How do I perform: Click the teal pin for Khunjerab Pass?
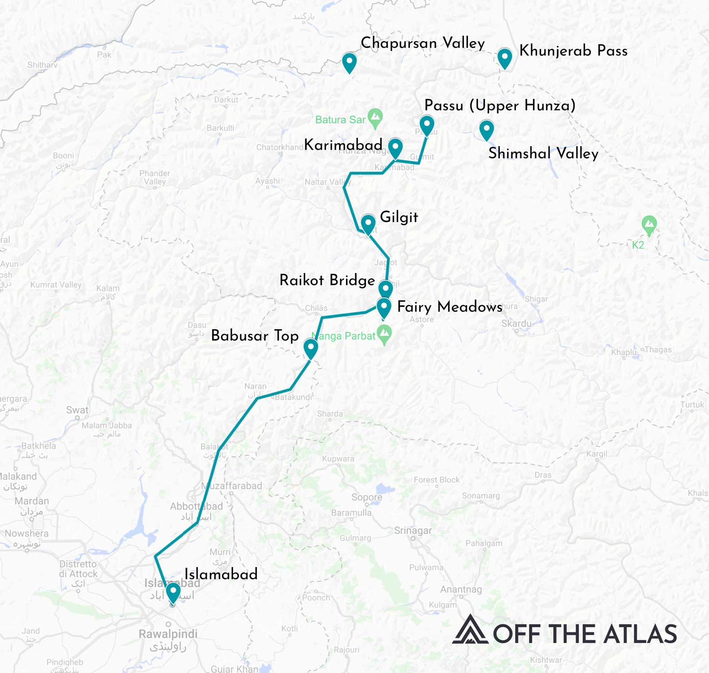coord(505,58)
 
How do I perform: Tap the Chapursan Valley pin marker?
coord(349,62)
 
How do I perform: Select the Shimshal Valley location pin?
coord(487,129)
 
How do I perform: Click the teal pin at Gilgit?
coord(368,223)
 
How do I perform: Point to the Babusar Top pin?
coord(311,348)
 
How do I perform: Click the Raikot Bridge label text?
coord(327,280)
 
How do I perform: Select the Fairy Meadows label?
coord(449,307)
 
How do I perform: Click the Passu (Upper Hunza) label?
coord(500,105)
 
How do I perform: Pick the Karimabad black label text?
coord(343,145)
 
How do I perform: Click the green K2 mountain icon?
coord(649,224)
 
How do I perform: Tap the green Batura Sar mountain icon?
coord(375,117)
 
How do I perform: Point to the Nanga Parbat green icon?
coord(384,334)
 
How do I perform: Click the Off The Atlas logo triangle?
coord(470,630)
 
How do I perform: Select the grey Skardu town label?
coord(516,323)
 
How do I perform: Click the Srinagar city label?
coord(413,530)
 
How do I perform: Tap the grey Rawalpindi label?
coord(168,634)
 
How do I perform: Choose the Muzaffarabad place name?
coord(232,485)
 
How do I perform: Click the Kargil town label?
coord(596,454)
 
